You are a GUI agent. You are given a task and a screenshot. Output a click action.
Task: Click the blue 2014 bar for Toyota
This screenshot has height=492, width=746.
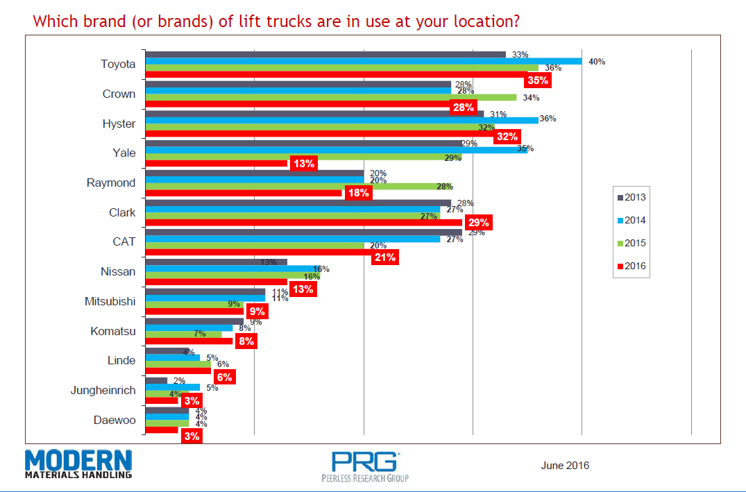coord(363,61)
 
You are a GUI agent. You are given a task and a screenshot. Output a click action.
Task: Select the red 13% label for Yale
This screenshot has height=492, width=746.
coord(303,164)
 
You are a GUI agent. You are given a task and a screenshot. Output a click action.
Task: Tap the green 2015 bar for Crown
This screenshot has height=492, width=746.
coord(330,97)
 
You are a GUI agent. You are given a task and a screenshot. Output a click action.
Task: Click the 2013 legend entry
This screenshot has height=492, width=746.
coord(631,197)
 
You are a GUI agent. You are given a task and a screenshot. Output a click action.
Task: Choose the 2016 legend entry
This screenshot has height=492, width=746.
coord(631,266)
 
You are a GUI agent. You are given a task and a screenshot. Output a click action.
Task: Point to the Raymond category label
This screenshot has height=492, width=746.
coord(111,183)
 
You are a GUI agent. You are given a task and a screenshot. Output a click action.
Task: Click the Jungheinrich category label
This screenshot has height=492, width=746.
coord(103,390)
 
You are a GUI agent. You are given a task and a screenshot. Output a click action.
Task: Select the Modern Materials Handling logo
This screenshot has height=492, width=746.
coord(78,464)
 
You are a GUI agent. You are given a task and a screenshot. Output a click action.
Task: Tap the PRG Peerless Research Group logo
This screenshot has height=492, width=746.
coord(365,466)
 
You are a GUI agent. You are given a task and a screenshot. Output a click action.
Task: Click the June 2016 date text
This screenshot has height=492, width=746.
coord(565,465)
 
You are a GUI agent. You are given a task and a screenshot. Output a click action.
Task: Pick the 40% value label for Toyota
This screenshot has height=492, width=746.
coord(597,62)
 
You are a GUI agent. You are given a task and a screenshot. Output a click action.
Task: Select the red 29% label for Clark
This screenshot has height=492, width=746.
coord(479,223)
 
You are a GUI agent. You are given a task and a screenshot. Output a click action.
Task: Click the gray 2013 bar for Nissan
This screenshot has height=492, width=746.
coord(215,262)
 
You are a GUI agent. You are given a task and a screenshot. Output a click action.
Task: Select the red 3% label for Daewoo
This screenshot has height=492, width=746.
coord(192,436)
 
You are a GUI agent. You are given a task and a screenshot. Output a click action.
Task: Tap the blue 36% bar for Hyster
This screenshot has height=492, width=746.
coord(341,120)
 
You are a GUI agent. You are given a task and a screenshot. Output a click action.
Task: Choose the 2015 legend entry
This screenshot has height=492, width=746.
coord(631,243)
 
